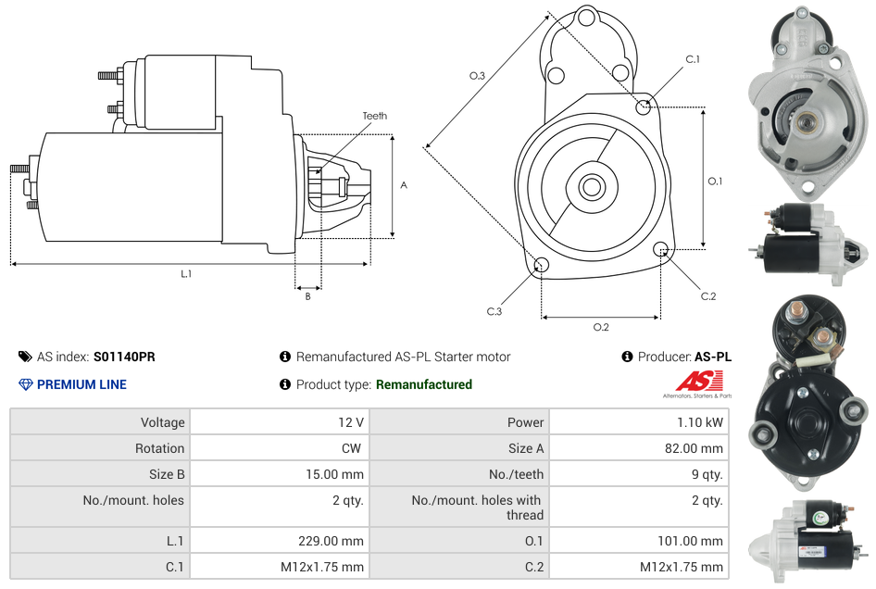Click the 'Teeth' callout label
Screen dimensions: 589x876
click(374, 116)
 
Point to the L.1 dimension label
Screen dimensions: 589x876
click(186, 273)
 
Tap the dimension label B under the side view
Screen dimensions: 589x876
click(307, 296)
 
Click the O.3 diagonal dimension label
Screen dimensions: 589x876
click(477, 76)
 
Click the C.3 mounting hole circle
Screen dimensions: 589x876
click(542, 267)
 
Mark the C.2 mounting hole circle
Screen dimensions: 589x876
click(661, 249)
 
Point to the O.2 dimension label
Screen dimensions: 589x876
click(600, 327)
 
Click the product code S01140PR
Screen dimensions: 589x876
click(124, 357)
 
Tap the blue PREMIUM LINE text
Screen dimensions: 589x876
click(81, 384)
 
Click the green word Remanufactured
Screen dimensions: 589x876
click(423, 384)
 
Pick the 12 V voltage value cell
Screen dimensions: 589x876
click(350, 422)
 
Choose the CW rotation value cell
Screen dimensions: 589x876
click(354, 448)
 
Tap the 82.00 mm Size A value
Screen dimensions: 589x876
click(695, 448)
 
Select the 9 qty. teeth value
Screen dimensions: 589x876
click(705, 474)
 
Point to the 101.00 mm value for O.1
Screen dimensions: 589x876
click(695, 541)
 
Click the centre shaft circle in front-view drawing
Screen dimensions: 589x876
click(590, 187)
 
